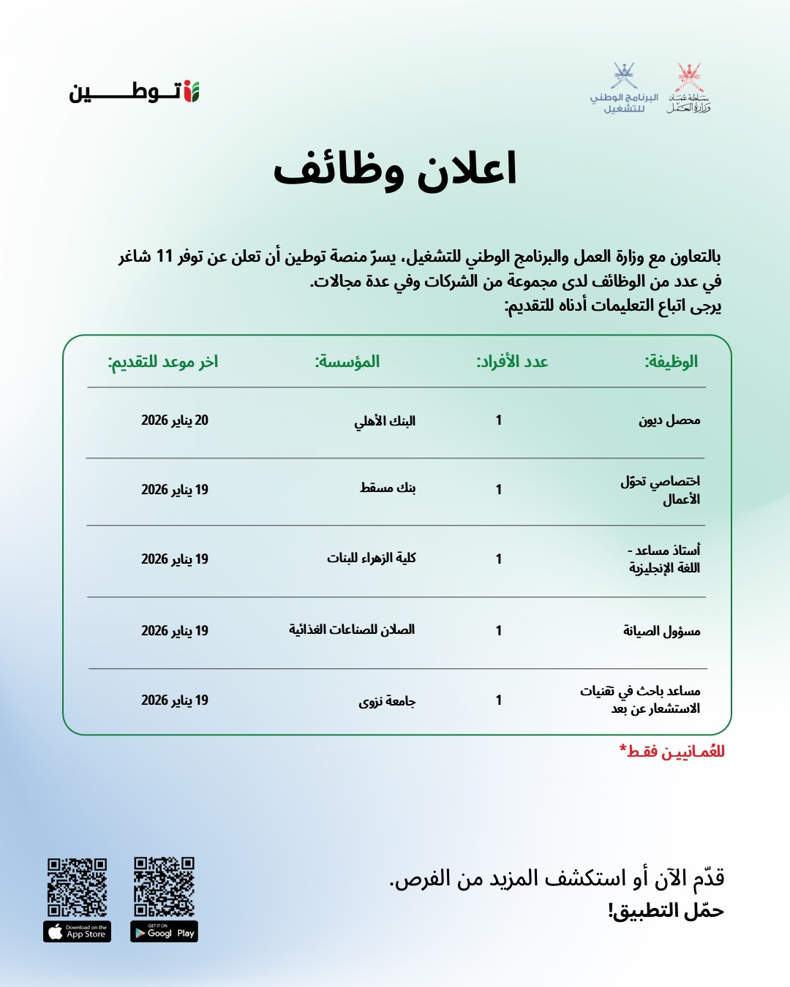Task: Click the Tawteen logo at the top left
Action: [135, 92]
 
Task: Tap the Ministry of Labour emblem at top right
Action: [688, 88]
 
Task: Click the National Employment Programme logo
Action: [624, 88]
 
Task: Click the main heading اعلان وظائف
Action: [395, 170]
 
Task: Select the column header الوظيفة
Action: [671, 361]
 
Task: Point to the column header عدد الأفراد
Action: [512, 361]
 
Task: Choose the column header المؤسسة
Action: [347, 361]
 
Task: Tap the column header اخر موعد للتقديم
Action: [163, 362]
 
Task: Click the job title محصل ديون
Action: [669, 420]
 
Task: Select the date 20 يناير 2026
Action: [175, 420]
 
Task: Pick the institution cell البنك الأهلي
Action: [385, 421]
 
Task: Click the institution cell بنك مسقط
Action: [388, 488]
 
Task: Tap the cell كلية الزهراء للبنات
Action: [372, 558]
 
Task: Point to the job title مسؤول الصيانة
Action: [661, 631]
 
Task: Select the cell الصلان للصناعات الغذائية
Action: [352, 629]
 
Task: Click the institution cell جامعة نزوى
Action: [387, 701]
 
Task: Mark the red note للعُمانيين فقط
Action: [672, 752]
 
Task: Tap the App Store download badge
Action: [77, 932]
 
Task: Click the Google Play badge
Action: [165, 932]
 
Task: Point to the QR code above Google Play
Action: [164, 887]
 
